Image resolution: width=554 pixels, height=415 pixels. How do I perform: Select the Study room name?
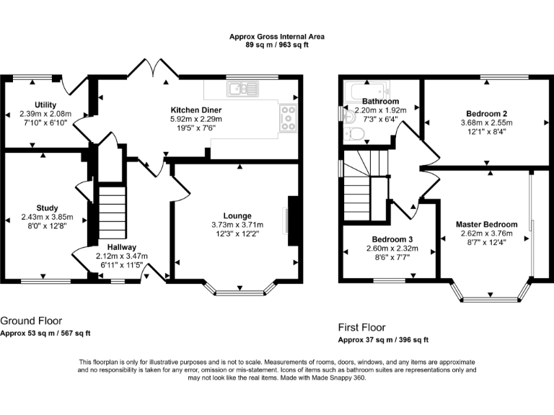(47, 208)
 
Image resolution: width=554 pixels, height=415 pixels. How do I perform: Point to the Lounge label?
(237, 215)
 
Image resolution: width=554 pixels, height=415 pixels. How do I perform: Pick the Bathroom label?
(381, 102)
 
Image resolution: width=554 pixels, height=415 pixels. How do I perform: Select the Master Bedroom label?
(486, 224)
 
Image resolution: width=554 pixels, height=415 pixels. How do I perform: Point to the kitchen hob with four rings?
(288, 118)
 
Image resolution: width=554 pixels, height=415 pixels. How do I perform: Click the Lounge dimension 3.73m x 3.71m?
(237, 224)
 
